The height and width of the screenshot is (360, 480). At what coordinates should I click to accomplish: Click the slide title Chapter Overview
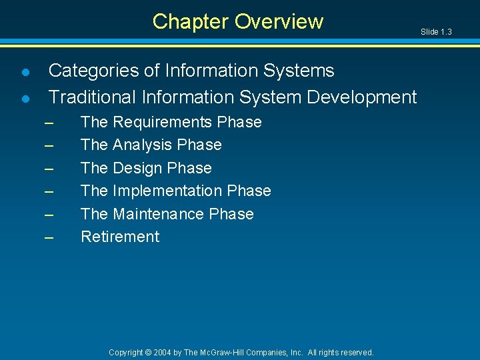(237, 21)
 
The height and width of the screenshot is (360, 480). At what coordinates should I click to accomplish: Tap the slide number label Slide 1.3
(437, 32)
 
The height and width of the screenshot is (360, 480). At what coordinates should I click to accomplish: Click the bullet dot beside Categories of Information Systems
(25, 71)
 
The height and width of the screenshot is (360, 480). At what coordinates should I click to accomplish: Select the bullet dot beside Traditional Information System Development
(25, 99)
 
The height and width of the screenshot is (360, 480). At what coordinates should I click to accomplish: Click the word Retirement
(120, 237)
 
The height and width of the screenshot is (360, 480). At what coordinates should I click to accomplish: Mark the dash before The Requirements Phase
(48, 123)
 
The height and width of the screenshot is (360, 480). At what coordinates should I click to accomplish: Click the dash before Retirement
(48, 237)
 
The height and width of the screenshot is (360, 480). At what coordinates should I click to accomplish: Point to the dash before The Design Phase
(48, 169)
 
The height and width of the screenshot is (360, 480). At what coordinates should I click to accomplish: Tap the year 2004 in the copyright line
(162, 352)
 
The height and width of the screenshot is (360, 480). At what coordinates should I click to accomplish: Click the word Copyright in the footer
(126, 352)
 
